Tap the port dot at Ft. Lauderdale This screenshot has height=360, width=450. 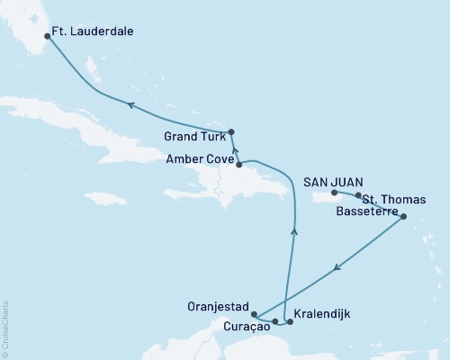click(x=47, y=37)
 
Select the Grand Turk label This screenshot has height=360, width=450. click(x=195, y=138)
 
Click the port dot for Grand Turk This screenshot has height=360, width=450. click(x=231, y=131)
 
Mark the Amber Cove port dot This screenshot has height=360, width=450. click(x=238, y=165)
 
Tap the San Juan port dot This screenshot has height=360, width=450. click(x=334, y=193)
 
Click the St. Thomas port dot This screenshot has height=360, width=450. click(x=358, y=195)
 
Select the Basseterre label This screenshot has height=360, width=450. click(x=364, y=212)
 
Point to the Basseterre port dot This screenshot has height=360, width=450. click(x=402, y=217)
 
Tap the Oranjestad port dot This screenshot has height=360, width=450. click(x=256, y=314)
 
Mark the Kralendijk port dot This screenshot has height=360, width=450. click(x=289, y=321)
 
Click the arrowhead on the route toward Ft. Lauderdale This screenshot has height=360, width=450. click(x=130, y=105)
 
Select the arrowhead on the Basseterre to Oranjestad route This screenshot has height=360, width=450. click(x=337, y=265)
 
